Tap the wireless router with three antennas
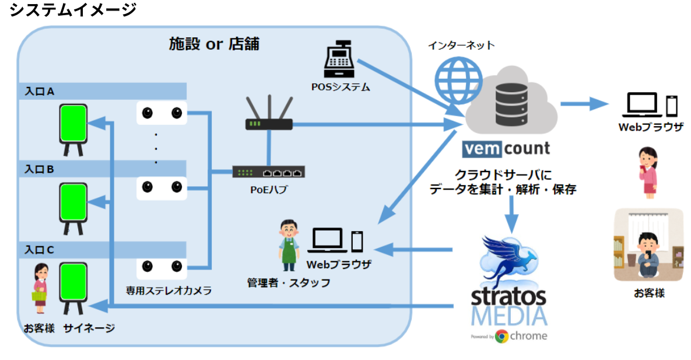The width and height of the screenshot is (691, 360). [x=268, y=114]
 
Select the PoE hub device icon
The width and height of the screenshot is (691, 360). [x=268, y=172]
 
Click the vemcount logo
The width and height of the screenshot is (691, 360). [x=506, y=148]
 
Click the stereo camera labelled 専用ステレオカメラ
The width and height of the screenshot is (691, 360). [x=162, y=267]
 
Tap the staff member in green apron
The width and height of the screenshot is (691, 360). [x=287, y=245]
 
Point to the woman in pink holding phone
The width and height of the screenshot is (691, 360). [x=648, y=172]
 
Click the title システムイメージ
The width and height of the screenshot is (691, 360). [x=72, y=10]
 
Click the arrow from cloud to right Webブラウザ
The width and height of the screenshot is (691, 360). [x=583, y=104]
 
